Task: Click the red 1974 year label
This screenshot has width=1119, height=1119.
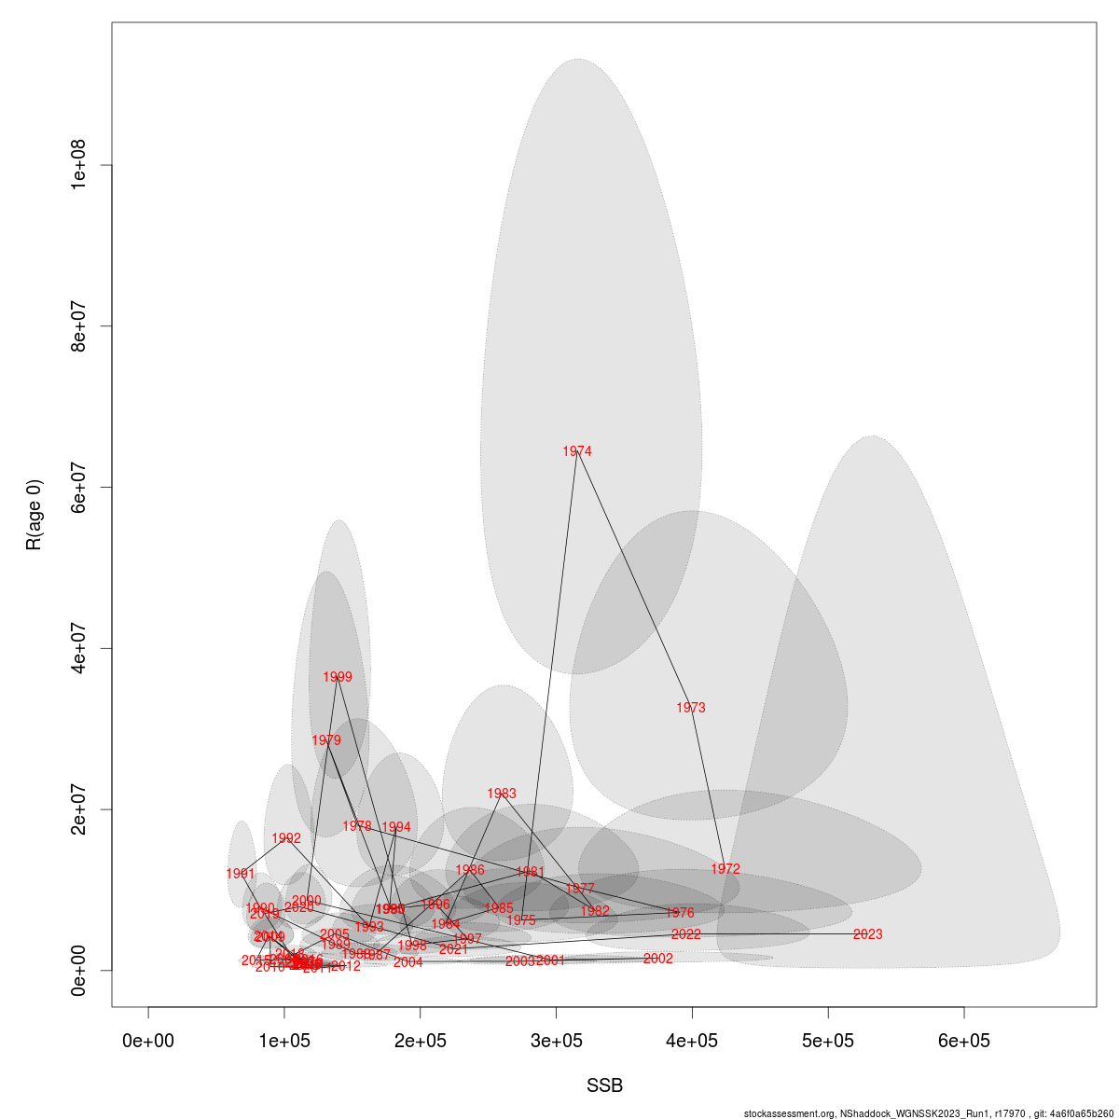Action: coord(577,452)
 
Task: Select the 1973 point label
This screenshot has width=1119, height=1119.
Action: coord(691,709)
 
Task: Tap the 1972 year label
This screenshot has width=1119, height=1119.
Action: coord(725,869)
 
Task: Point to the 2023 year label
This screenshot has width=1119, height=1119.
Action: coord(867,934)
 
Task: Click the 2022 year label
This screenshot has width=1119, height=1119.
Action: coord(686,934)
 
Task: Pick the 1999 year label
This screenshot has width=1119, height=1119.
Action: coord(338,678)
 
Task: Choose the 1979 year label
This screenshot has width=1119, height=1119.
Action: coord(326,740)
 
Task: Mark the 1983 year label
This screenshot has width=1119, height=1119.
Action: coord(502,794)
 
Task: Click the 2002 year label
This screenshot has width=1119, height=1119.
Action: coord(658,959)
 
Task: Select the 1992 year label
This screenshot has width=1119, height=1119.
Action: coord(286,839)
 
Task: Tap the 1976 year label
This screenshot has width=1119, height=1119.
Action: coord(680,914)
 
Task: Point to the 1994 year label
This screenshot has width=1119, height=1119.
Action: coord(396,828)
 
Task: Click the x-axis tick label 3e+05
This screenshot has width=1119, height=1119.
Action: coord(557,1041)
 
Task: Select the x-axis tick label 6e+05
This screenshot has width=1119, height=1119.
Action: coord(964,1041)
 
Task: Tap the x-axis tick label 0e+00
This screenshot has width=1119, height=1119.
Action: coord(149,1041)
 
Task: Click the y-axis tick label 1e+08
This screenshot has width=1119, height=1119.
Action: coord(78,165)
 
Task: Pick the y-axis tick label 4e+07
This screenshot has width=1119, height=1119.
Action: coord(78,648)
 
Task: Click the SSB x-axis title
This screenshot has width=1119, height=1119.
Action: coord(604,1086)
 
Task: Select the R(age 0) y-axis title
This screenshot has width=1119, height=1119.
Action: coord(35,515)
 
